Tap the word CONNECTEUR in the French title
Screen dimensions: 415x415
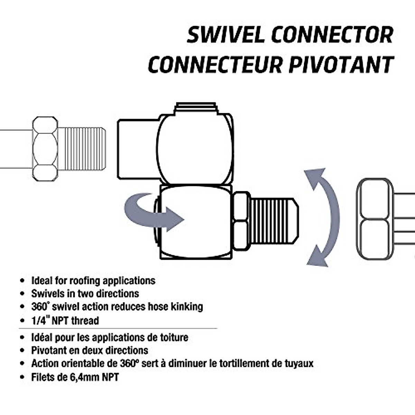point(215,64)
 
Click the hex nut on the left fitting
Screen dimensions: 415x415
point(45,149)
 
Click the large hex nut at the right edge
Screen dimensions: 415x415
point(376,219)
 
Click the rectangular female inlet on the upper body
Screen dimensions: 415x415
point(137,149)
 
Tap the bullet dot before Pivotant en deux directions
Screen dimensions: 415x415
point(23,351)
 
